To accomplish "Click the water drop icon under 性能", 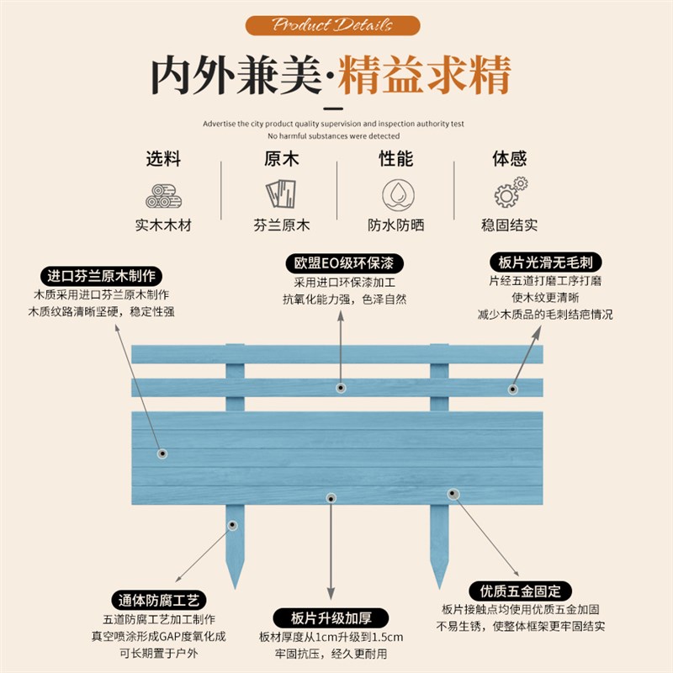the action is (x=395, y=194).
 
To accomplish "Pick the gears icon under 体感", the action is (x=510, y=193).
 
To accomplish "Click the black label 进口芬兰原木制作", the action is (x=102, y=276).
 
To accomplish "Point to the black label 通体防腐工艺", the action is (x=158, y=601).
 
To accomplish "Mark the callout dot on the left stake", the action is (x=233, y=526).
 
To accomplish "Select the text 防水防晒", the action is (x=395, y=225).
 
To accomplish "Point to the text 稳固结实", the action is (x=509, y=225).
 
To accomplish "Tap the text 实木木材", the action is (x=163, y=225).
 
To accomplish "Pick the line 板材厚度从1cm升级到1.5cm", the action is (x=337, y=636).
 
